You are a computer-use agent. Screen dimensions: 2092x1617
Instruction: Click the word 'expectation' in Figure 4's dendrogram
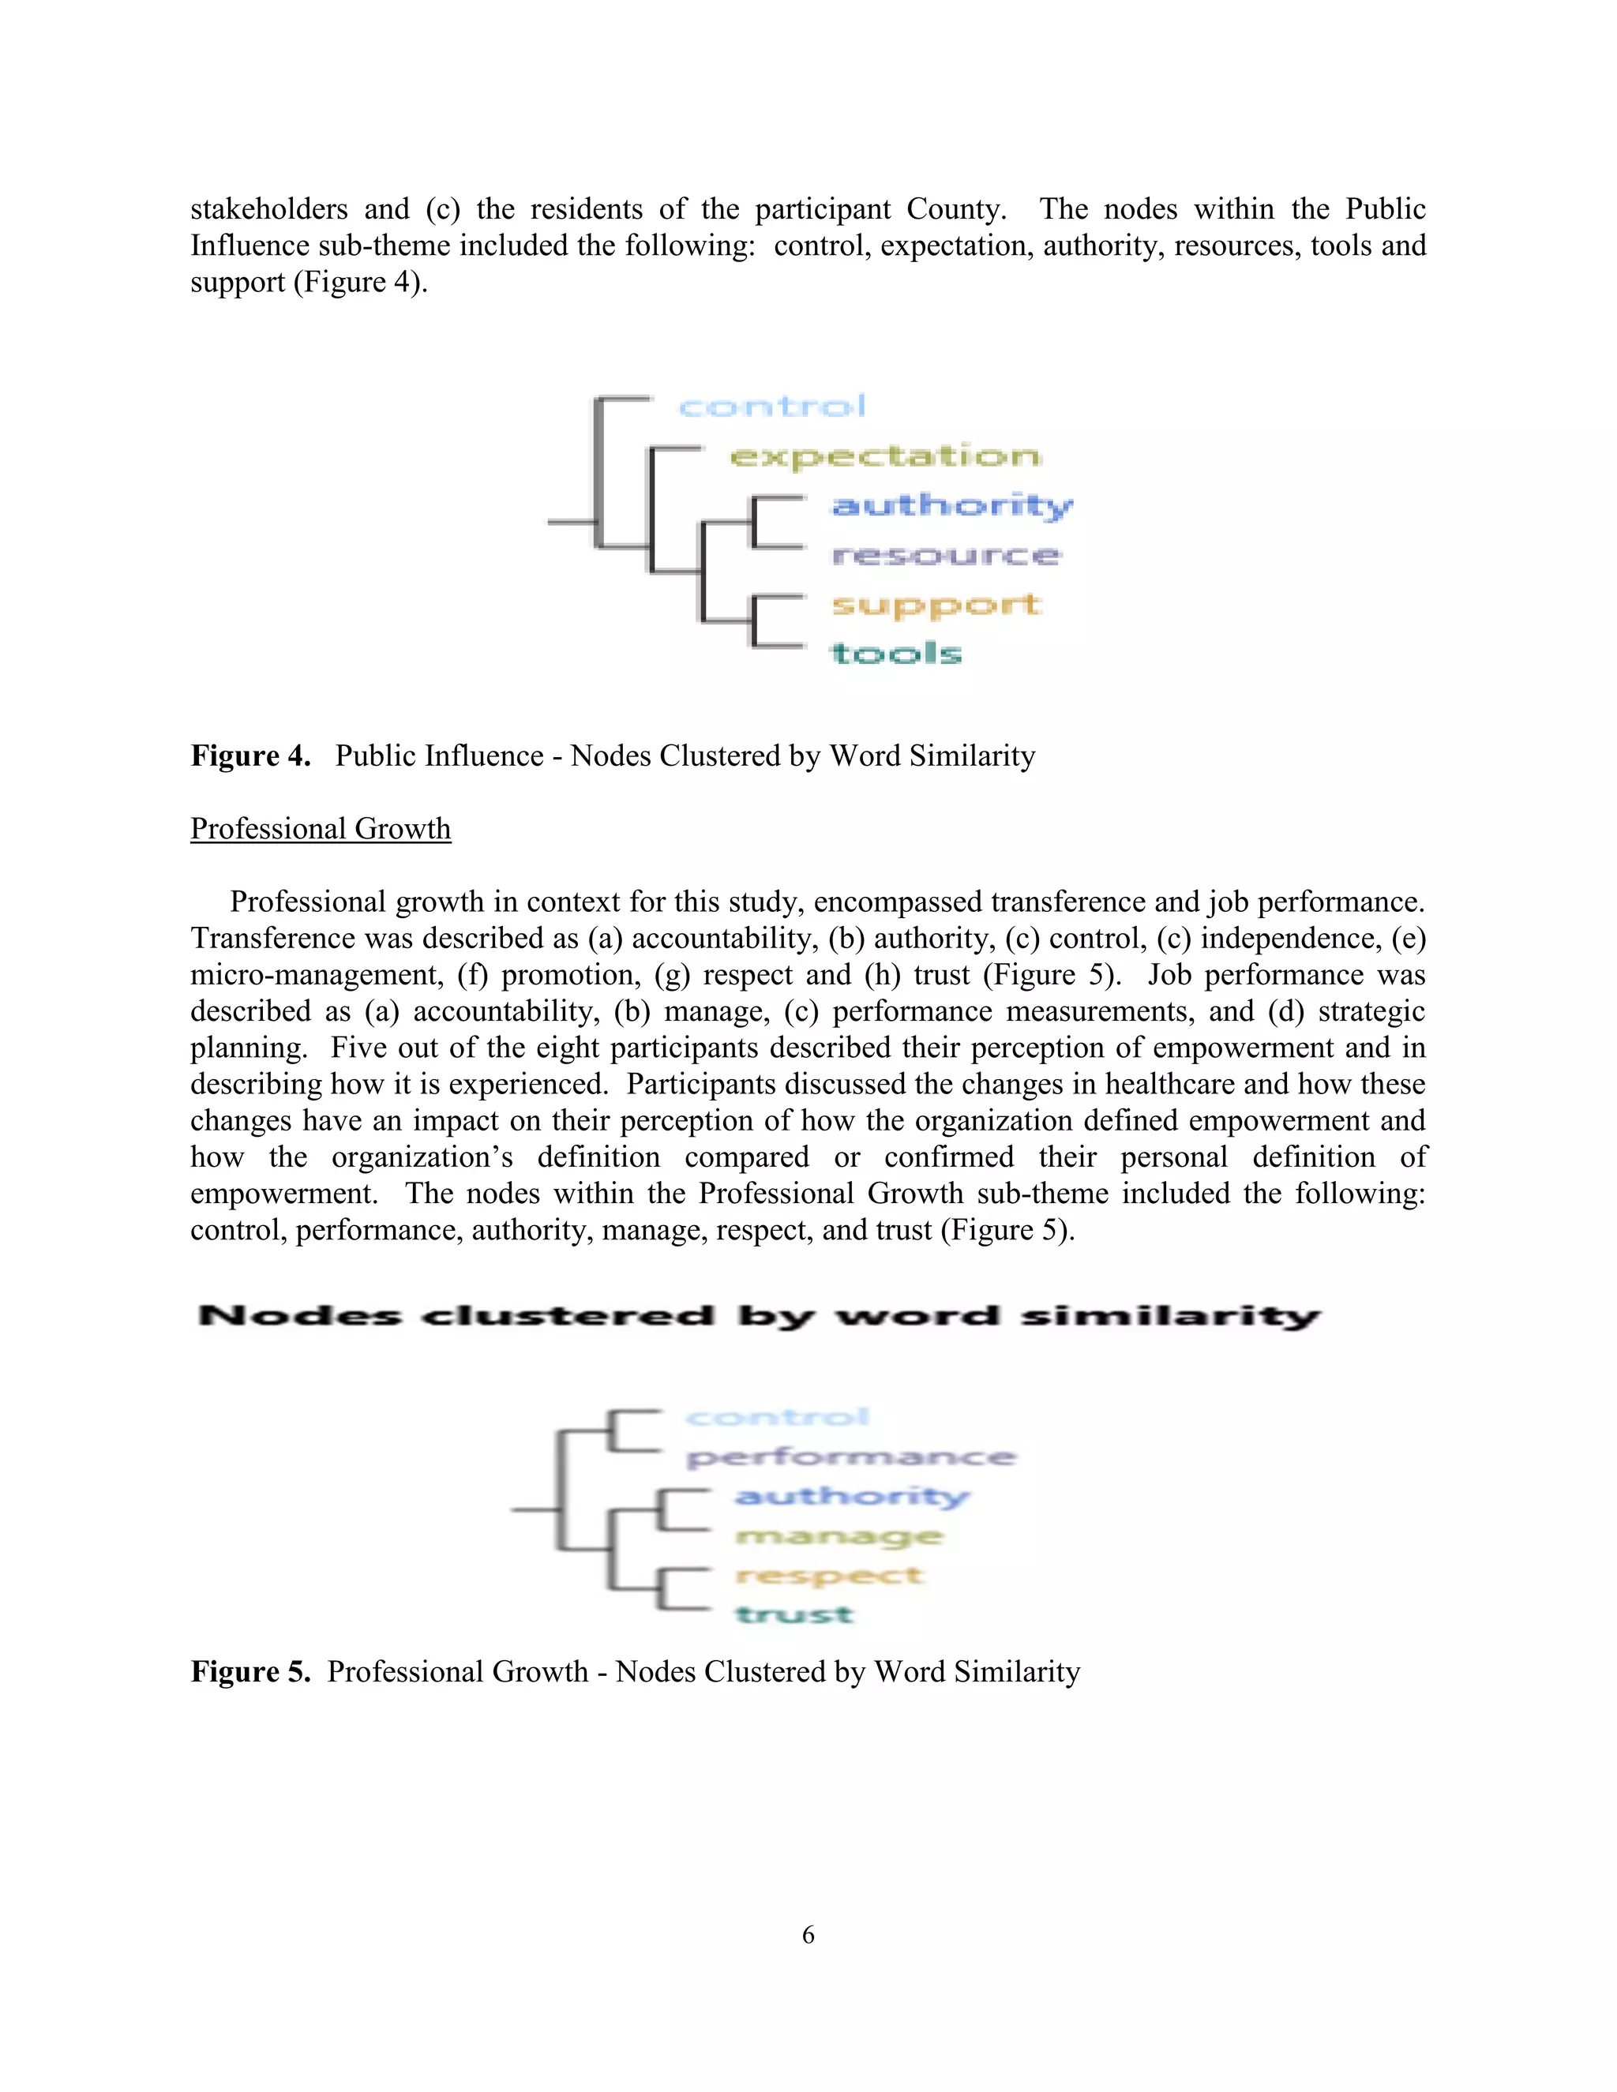click(885, 456)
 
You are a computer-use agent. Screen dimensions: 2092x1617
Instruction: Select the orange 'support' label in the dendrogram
click(936, 605)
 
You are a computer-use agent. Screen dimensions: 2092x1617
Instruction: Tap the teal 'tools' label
click(895, 654)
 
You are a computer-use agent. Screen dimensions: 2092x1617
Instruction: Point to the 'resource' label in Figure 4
click(945, 556)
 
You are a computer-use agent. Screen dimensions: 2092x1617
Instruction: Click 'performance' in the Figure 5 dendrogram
click(850, 1458)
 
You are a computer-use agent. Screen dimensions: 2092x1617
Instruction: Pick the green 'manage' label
click(839, 1536)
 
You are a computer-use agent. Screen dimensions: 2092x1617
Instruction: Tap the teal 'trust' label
click(794, 1615)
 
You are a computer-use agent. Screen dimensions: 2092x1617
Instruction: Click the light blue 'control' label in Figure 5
click(777, 1418)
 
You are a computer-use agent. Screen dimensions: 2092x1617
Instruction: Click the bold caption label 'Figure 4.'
click(251, 755)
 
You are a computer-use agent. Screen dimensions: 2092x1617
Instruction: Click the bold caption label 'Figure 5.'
click(251, 1671)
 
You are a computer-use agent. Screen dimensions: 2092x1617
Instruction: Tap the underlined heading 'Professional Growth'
click(320, 829)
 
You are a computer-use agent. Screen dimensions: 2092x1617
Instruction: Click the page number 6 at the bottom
click(808, 1935)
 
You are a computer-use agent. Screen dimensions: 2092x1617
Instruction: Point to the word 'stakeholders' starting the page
click(269, 209)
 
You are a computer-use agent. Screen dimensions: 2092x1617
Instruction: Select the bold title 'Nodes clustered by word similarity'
click(758, 1316)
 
